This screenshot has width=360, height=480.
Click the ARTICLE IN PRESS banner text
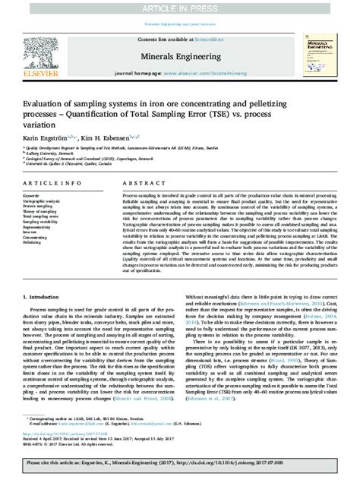tap(180, 8)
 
